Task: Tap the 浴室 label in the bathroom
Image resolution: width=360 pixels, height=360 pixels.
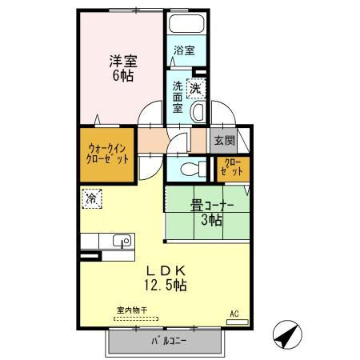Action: pyautogui.click(x=184, y=50)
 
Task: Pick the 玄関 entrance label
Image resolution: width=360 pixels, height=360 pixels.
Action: pyautogui.click(x=224, y=141)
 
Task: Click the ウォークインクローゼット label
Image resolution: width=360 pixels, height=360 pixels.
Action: pyautogui.click(x=108, y=152)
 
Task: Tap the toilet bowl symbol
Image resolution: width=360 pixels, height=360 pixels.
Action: pyautogui.click(x=189, y=169)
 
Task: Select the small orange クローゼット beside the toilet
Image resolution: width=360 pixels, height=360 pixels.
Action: pyautogui.click(x=233, y=169)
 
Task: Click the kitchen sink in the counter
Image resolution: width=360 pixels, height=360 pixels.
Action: pyautogui.click(x=122, y=241)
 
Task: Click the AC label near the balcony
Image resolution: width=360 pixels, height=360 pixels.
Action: pyautogui.click(x=234, y=313)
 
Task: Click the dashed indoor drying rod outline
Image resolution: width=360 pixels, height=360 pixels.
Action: pyautogui.click(x=136, y=318)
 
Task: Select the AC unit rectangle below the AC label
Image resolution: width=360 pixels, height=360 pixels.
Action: pyautogui.click(x=238, y=322)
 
